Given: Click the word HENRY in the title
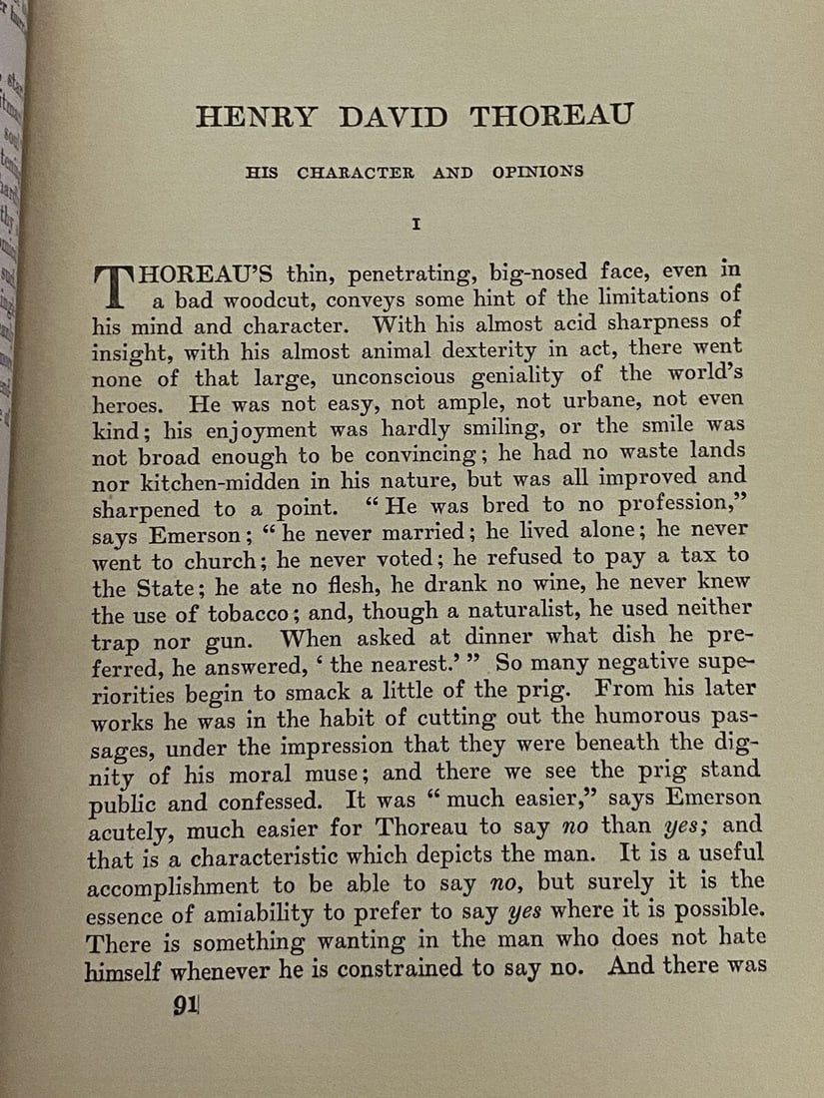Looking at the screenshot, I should [257, 118].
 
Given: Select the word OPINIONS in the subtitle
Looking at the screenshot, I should [537, 172].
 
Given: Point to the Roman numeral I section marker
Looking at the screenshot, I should [416, 226].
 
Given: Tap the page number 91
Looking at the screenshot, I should [185, 1006].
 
